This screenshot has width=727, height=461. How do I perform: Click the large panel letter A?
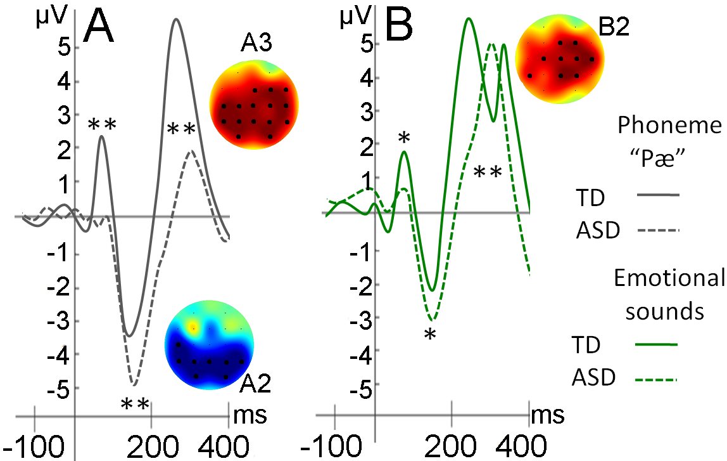pos(101,27)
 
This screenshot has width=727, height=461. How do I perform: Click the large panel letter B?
pos(395,24)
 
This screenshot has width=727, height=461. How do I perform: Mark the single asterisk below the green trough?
pos(431,334)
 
